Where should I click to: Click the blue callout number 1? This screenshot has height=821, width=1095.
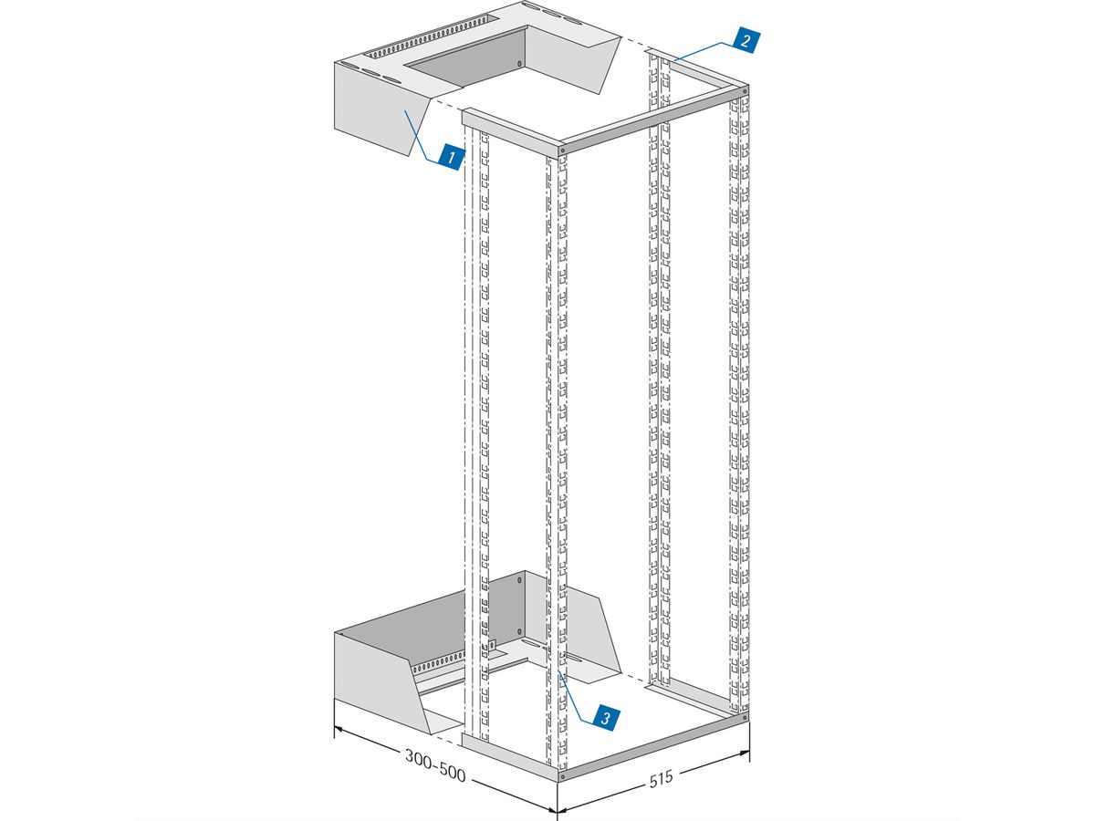(x=451, y=157)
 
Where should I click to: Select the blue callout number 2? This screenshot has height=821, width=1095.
(x=746, y=40)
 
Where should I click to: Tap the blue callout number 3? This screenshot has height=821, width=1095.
(x=606, y=718)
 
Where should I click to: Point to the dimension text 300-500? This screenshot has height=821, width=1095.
(x=435, y=765)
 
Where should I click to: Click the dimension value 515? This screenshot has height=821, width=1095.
(x=662, y=779)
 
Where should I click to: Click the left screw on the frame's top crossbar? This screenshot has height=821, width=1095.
(x=563, y=150)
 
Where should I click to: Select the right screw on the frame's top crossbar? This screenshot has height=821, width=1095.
(x=745, y=92)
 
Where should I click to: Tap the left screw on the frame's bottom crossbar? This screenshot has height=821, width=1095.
(x=563, y=776)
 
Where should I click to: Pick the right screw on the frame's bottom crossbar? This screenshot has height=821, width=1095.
(x=745, y=718)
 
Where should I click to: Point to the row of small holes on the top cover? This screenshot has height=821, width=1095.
(x=432, y=37)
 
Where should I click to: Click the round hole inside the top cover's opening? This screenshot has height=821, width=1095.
(x=519, y=64)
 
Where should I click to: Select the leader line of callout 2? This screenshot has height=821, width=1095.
(x=704, y=50)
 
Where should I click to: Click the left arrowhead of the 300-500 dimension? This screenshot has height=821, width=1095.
(x=339, y=729)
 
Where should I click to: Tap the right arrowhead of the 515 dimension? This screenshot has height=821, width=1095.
(x=744, y=753)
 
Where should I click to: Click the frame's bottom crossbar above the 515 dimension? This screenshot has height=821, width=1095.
(x=653, y=748)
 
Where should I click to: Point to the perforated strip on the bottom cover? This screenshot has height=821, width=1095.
(x=438, y=663)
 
